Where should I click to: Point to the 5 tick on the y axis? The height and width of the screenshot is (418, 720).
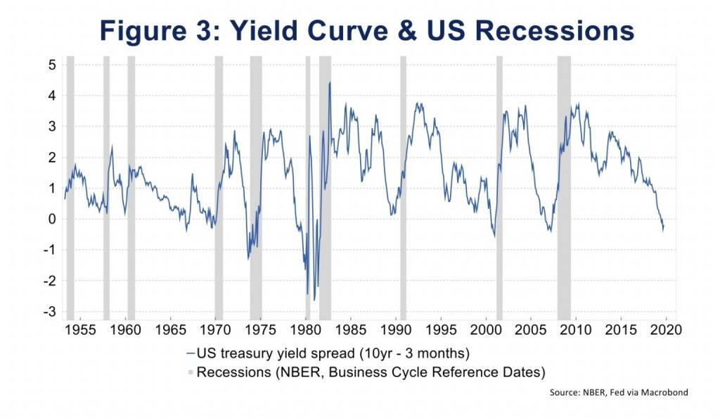[x=51, y=65]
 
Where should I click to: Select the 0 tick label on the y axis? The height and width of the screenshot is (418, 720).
[x=51, y=219]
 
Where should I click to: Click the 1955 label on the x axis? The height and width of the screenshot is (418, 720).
[x=80, y=329]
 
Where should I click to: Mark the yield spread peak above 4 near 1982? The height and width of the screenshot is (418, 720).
[x=330, y=83]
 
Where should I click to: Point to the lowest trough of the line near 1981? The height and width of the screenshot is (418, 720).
[x=314, y=300]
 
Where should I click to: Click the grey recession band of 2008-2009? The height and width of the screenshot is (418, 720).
[x=564, y=190]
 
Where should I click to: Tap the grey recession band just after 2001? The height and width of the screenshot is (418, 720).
[x=499, y=190]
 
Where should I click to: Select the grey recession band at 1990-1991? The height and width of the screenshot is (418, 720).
[x=403, y=190]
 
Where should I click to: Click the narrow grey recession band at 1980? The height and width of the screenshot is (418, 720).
[x=307, y=190]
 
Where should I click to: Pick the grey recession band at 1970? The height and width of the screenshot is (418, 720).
[x=219, y=190]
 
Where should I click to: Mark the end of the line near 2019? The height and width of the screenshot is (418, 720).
[x=663, y=227]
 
